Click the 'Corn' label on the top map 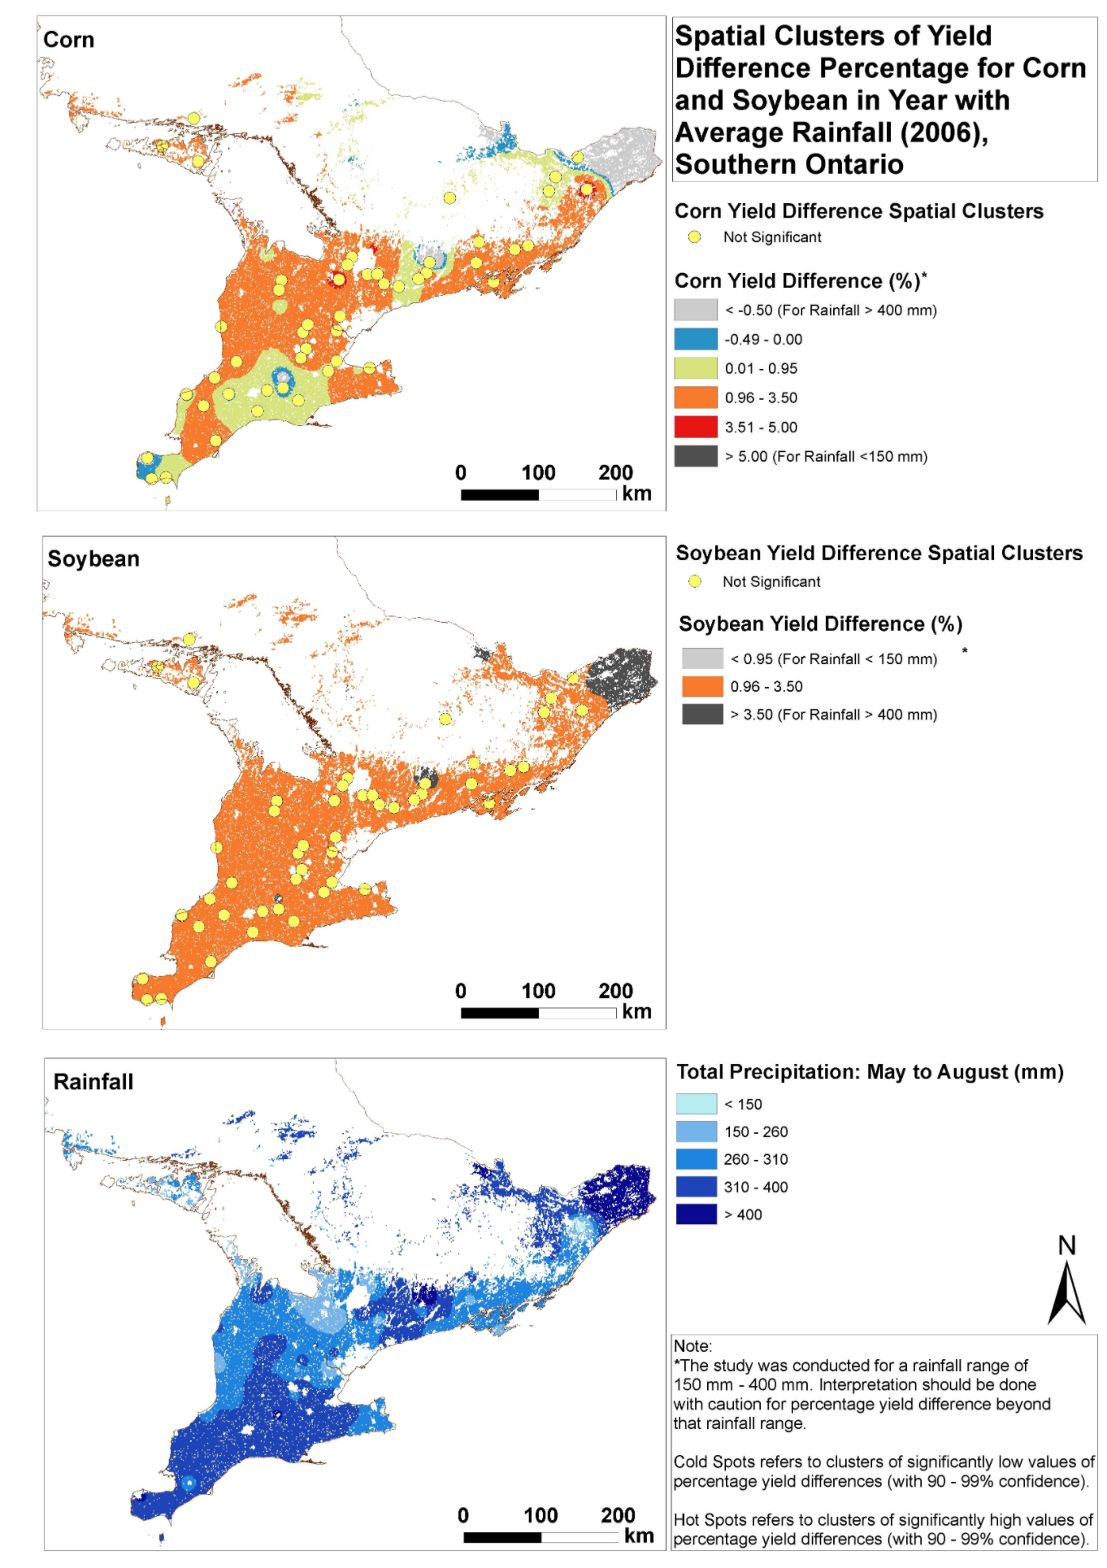pyautogui.click(x=68, y=40)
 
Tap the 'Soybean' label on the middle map pyautogui.click(x=93, y=559)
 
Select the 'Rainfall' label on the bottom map pyautogui.click(x=93, y=1082)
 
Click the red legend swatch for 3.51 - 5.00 pyautogui.click(x=696, y=427)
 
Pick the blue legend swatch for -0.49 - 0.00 pyautogui.click(x=696, y=339)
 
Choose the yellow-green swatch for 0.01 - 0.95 pyautogui.click(x=696, y=368)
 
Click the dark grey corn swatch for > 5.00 pyautogui.click(x=696, y=456)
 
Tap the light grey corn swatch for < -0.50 pyautogui.click(x=696, y=310)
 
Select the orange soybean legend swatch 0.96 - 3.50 pyautogui.click(x=702, y=686)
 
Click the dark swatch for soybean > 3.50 pyautogui.click(x=702, y=714)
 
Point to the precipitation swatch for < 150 pyautogui.click(x=697, y=1104)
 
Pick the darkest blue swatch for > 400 pyautogui.click(x=697, y=1214)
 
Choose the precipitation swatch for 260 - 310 pyautogui.click(x=697, y=1159)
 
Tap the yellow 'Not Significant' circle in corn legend pyautogui.click(x=695, y=237)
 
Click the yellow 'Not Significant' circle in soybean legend pyautogui.click(x=695, y=581)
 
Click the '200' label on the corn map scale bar pyautogui.click(x=615, y=472)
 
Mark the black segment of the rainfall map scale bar pyautogui.click(x=502, y=1537)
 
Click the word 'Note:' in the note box pyautogui.click(x=692, y=1345)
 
